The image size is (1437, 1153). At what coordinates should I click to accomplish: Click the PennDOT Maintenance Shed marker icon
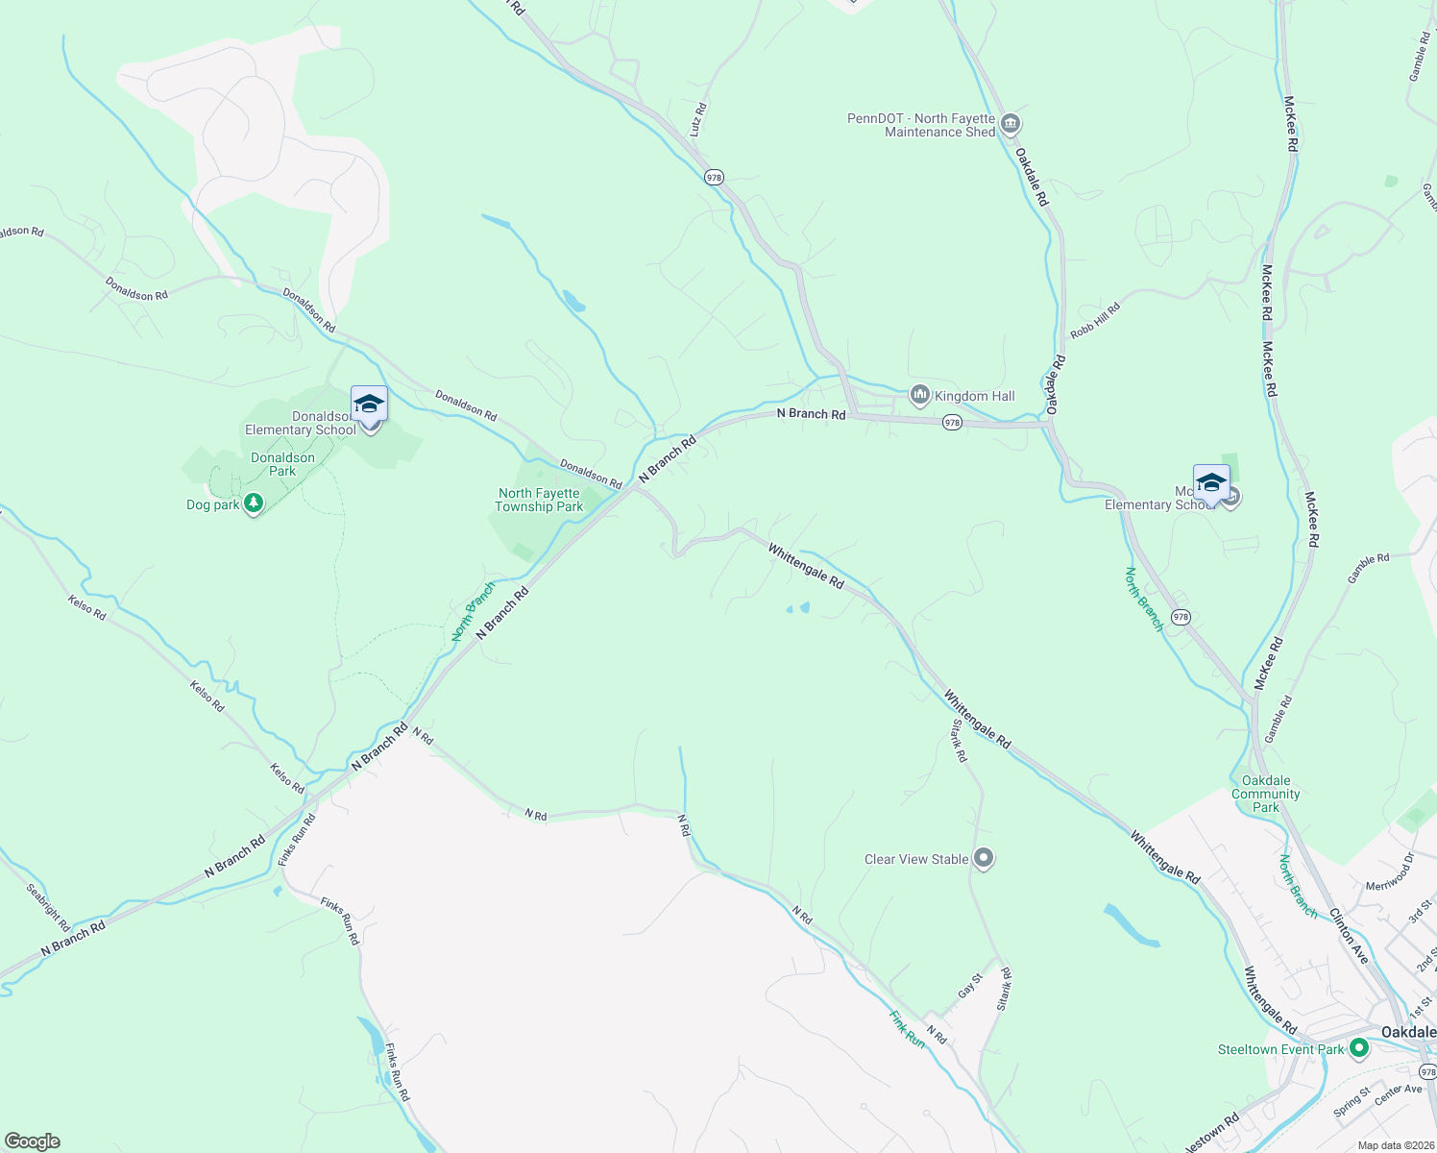point(1010,124)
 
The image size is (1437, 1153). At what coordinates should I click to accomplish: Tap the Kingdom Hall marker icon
point(920,395)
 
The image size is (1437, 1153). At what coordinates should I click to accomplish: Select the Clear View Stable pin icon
point(983,858)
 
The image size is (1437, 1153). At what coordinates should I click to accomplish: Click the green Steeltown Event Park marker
point(1358,1048)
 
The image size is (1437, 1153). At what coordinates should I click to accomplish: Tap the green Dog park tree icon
point(254,503)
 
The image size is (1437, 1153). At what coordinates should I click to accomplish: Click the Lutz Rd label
point(699,119)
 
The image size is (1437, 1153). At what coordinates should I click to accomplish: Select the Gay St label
point(970,985)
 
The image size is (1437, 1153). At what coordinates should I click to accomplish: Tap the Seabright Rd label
point(48,907)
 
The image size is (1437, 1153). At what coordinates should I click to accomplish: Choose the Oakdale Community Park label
point(1266,794)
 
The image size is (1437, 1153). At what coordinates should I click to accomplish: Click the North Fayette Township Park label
point(539,500)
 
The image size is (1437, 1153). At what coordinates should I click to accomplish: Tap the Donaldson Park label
point(282,464)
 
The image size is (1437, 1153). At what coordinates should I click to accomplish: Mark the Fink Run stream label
point(906,1028)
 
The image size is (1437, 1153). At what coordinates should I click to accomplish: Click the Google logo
point(32,1141)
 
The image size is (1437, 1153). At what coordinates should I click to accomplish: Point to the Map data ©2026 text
point(1394,1145)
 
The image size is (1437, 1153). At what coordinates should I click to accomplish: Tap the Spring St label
point(1352,1099)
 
